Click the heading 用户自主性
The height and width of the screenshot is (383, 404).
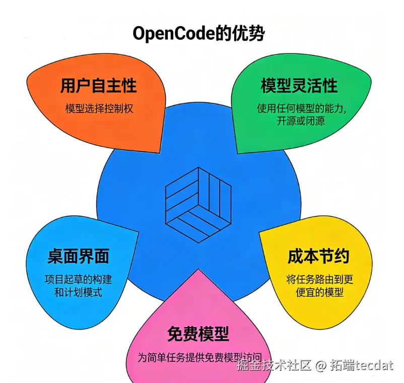pos(98,86)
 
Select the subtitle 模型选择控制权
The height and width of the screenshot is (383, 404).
pos(99,108)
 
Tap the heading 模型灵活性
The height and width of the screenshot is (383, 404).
pos(299,86)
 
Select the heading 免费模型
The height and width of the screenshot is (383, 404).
pos(198,333)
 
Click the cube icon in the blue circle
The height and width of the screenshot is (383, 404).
pos(198,202)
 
